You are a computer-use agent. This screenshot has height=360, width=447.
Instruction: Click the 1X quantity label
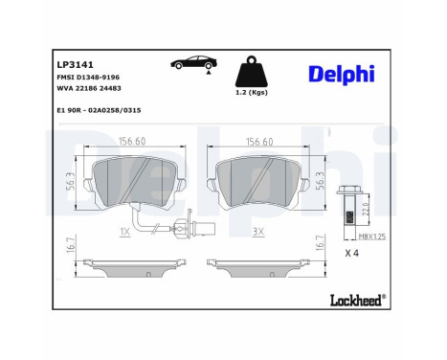[123, 232]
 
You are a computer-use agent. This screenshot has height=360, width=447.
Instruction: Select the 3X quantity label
[257, 232]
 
